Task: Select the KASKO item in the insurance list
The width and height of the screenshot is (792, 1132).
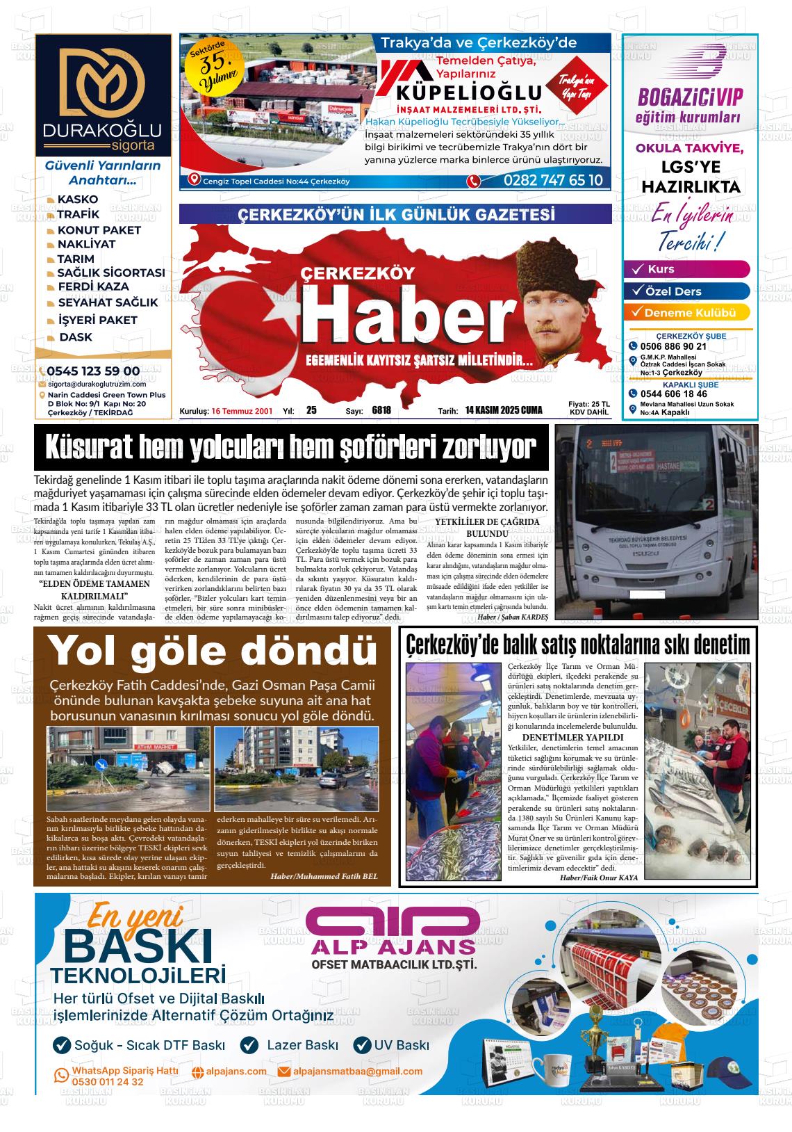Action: point(77,200)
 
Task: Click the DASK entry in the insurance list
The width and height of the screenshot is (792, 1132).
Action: point(75,337)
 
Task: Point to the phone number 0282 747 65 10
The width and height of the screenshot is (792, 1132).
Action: point(553,181)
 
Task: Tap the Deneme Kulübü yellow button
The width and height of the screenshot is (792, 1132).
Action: point(689,313)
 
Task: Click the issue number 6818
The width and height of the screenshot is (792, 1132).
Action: point(381,410)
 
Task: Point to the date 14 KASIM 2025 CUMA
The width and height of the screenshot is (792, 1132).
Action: point(504,410)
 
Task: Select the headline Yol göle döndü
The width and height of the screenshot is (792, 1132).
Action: point(212,650)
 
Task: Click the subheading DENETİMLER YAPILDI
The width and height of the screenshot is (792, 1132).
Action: point(572,737)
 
